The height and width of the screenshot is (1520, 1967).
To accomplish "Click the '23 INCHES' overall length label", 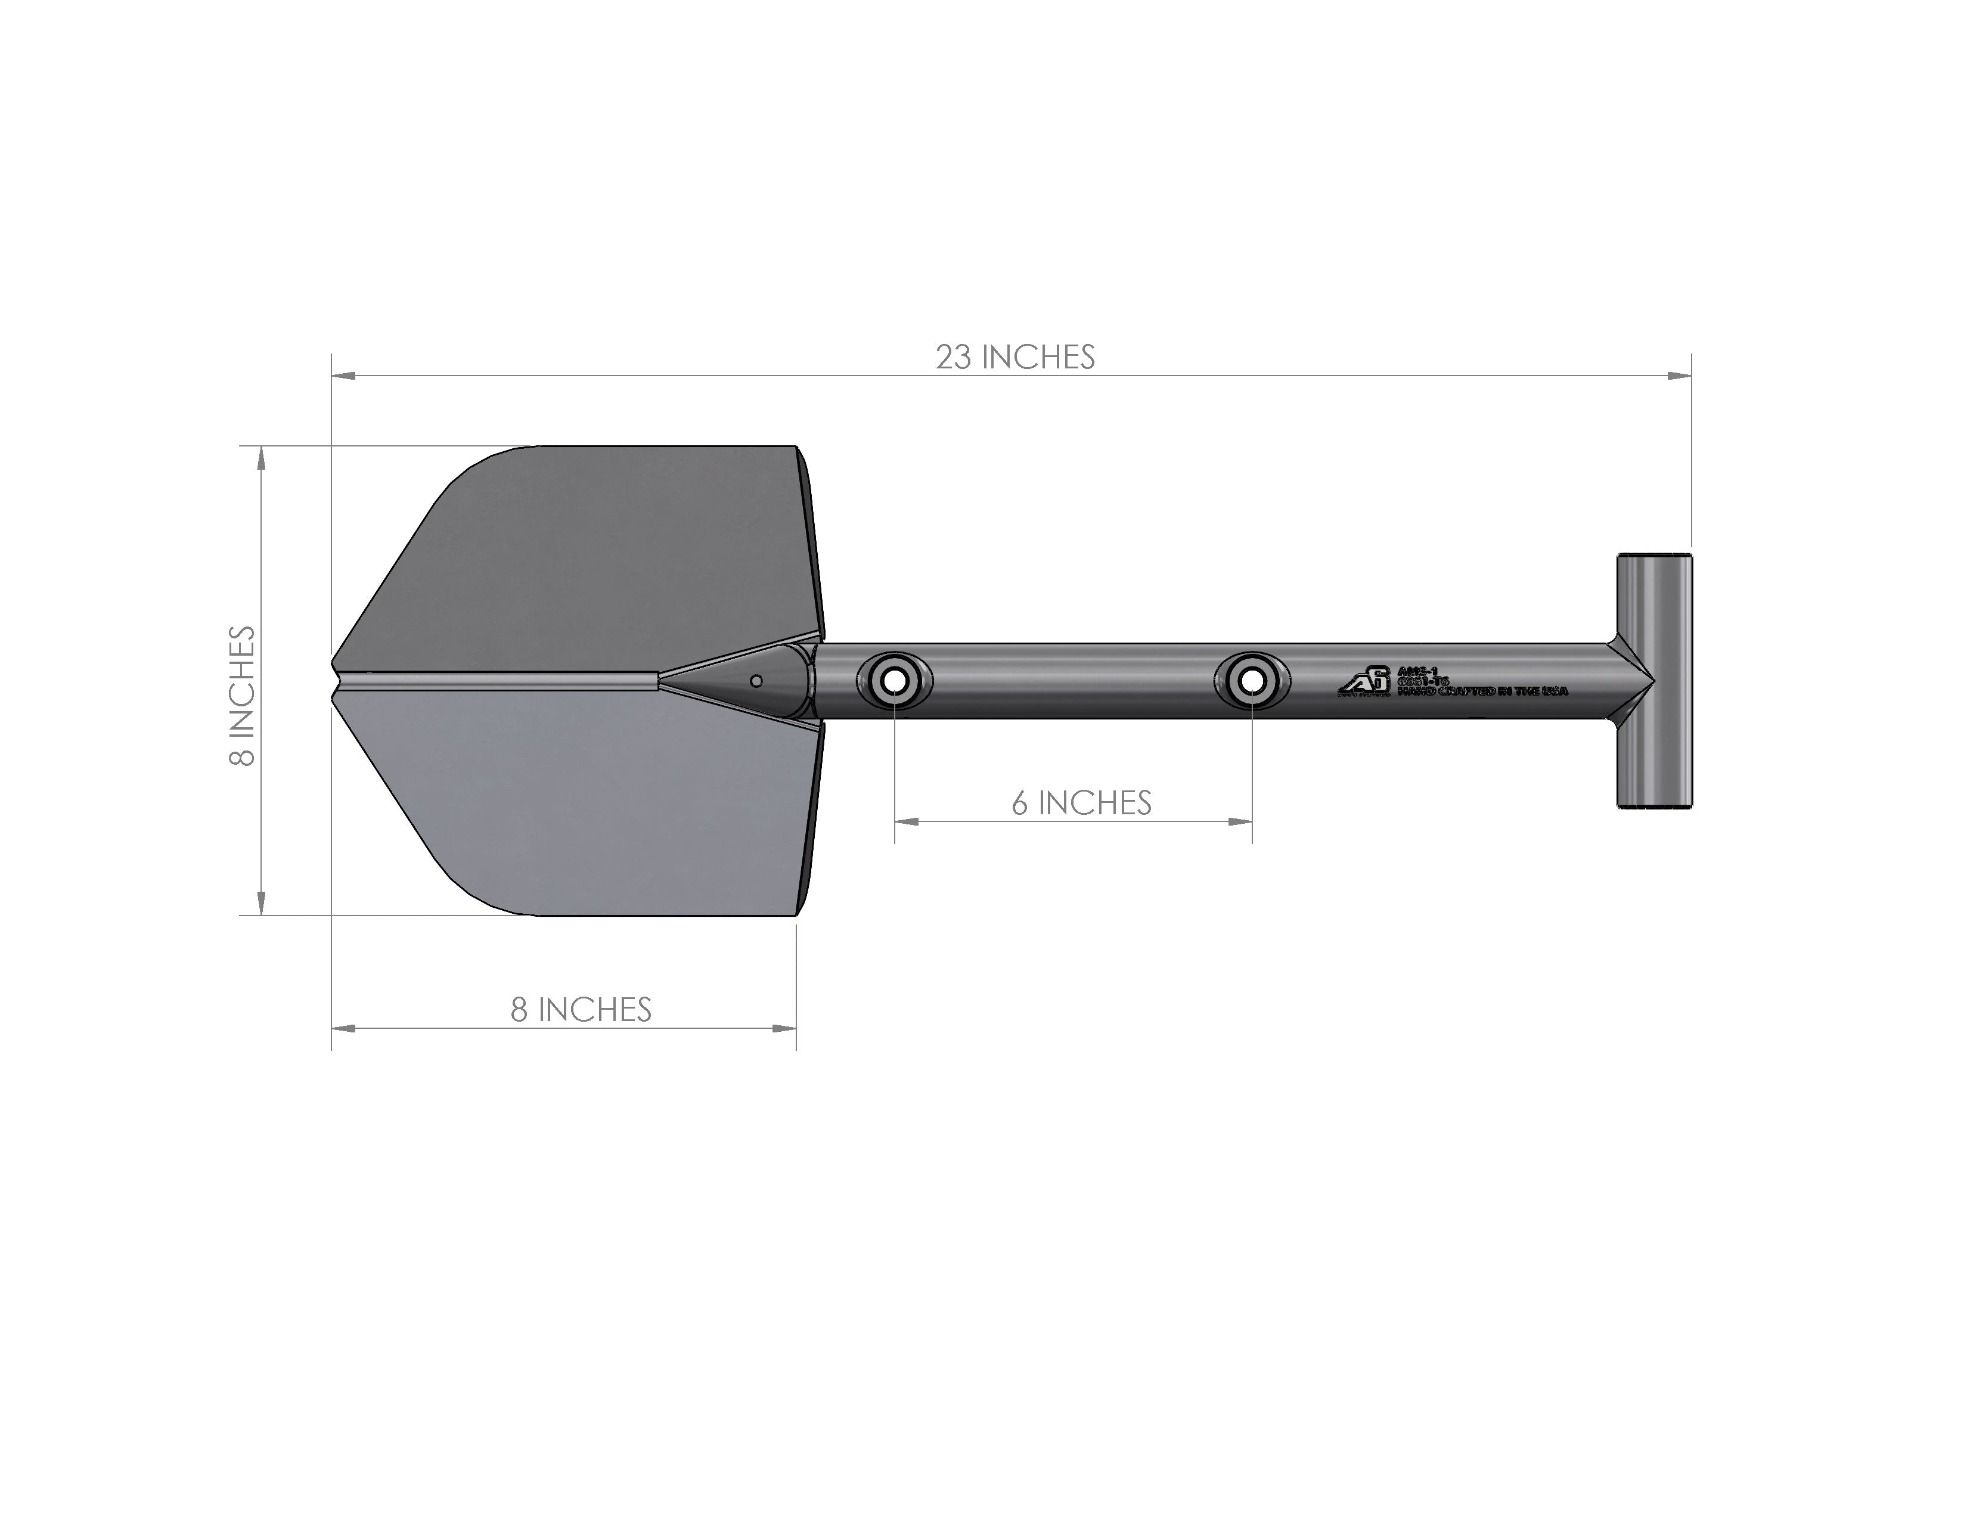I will [x=1015, y=358].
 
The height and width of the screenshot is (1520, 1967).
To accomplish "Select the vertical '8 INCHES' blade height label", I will [x=242, y=696].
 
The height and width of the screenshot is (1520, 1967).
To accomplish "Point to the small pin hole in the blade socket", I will [x=756, y=681].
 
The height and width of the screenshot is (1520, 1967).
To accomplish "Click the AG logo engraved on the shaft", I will [x=1364, y=682].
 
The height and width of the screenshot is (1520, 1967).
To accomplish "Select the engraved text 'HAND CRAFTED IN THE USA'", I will [x=1482, y=691].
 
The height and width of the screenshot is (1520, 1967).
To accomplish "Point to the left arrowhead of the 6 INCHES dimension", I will [x=906, y=821].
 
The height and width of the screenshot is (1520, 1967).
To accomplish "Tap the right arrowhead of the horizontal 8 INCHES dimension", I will [x=786, y=1028].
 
